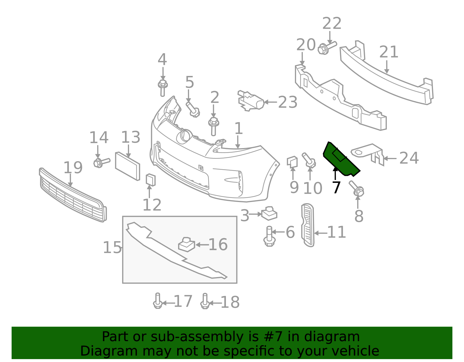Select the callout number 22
332,23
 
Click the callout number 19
73,168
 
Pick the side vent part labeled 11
308,225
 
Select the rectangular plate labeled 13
128,166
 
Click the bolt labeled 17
157,301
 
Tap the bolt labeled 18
205,301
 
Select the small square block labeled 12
151,180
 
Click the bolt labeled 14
101,162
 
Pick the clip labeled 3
269,214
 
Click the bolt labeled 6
269,236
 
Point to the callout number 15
112,248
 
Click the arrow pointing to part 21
387,67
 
